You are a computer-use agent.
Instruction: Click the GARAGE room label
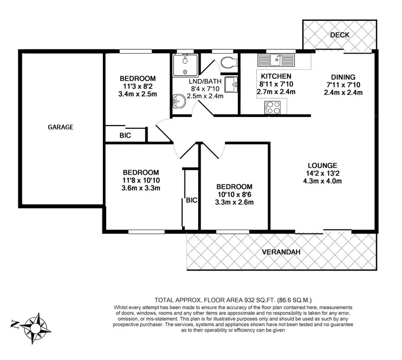pyautogui.click(x=61, y=128)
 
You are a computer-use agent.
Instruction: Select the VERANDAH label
pyautogui.click(x=280, y=252)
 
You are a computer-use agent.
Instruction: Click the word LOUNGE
pyautogui.click(x=322, y=165)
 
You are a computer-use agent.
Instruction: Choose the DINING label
pyautogui.click(x=343, y=77)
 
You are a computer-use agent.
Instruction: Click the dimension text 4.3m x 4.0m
pyautogui.click(x=322, y=181)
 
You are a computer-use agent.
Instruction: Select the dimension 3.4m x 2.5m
pyautogui.click(x=138, y=94)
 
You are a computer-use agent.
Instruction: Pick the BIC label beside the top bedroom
pyautogui.click(x=125, y=136)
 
